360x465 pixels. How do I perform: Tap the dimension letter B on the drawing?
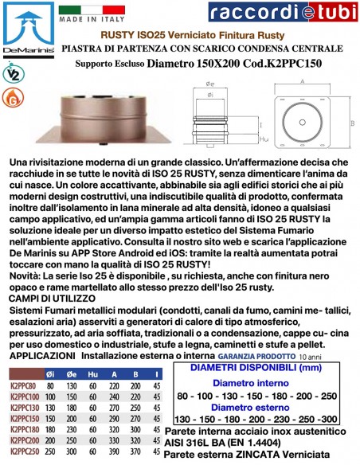pyautogui.click(x=352, y=123)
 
